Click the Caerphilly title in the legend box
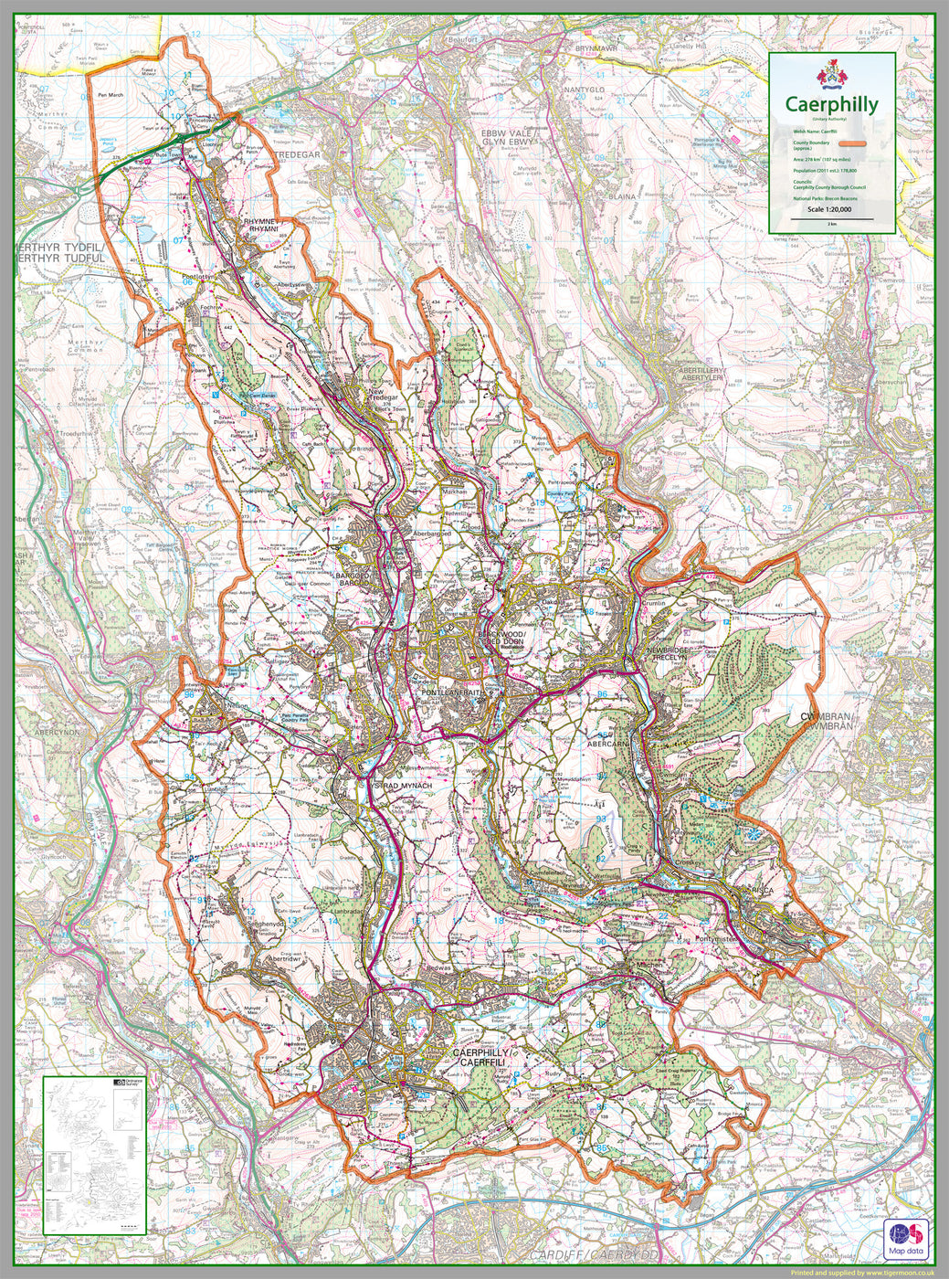click(x=831, y=105)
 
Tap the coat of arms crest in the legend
click(x=831, y=74)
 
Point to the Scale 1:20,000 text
click(x=830, y=209)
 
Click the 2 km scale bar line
click(x=830, y=217)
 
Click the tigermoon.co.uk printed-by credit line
click(x=861, y=1272)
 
